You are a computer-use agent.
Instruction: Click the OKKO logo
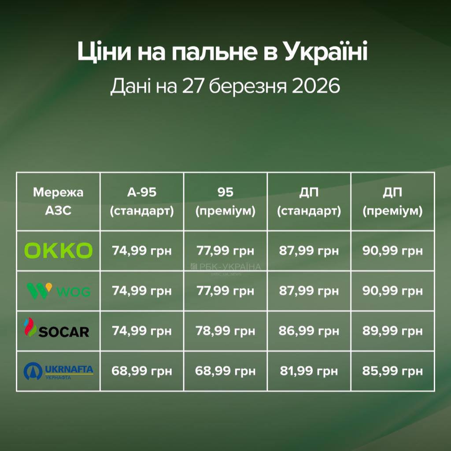(59, 251)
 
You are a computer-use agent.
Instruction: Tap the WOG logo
(59, 291)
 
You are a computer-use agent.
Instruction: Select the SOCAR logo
(57, 328)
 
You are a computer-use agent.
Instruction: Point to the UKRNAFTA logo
(59, 371)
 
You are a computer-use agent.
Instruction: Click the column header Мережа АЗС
(59, 201)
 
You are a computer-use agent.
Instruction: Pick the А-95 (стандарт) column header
(142, 201)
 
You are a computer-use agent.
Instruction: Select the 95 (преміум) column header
(225, 201)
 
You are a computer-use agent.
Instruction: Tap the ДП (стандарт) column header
(309, 201)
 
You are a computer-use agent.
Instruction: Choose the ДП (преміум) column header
(392, 201)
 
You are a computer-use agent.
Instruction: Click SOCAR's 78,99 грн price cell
(225, 331)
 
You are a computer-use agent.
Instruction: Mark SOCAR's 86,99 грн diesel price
(309, 331)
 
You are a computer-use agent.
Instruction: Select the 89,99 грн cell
(392, 331)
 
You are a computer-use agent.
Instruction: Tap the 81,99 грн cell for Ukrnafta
(309, 371)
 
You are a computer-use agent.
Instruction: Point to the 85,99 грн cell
(392, 371)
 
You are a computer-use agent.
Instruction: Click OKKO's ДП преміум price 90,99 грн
(392, 251)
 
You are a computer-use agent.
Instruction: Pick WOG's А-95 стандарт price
(142, 291)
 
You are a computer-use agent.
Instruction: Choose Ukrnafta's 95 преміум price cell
(225, 371)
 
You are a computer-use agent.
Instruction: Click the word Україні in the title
(326, 52)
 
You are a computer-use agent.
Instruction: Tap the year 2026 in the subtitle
(316, 86)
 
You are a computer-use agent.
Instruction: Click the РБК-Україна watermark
(225, 267)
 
